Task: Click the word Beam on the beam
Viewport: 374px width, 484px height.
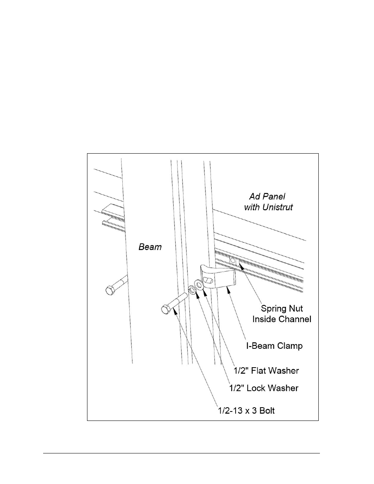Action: tap(150, 247)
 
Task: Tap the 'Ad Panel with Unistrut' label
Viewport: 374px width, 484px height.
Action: tap(269, 202)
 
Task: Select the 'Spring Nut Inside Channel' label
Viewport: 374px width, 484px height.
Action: tap(282, 314)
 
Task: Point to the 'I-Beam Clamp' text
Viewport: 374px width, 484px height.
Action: tap(274, 346)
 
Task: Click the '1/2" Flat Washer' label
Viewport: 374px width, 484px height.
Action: tap(266, 371)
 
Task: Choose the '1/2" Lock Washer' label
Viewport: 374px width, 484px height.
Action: tap(264, 388)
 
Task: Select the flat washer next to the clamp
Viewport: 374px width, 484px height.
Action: tap(198, 285)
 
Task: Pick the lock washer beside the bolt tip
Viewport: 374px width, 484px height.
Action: tap(192, 290)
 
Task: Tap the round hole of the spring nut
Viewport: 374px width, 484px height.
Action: tap(232, 260)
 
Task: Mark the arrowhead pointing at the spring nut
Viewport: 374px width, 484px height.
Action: tap(241, 265)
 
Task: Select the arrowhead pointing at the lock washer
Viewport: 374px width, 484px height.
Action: tap(197, 295)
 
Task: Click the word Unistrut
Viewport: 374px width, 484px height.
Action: tap(278, 207)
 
